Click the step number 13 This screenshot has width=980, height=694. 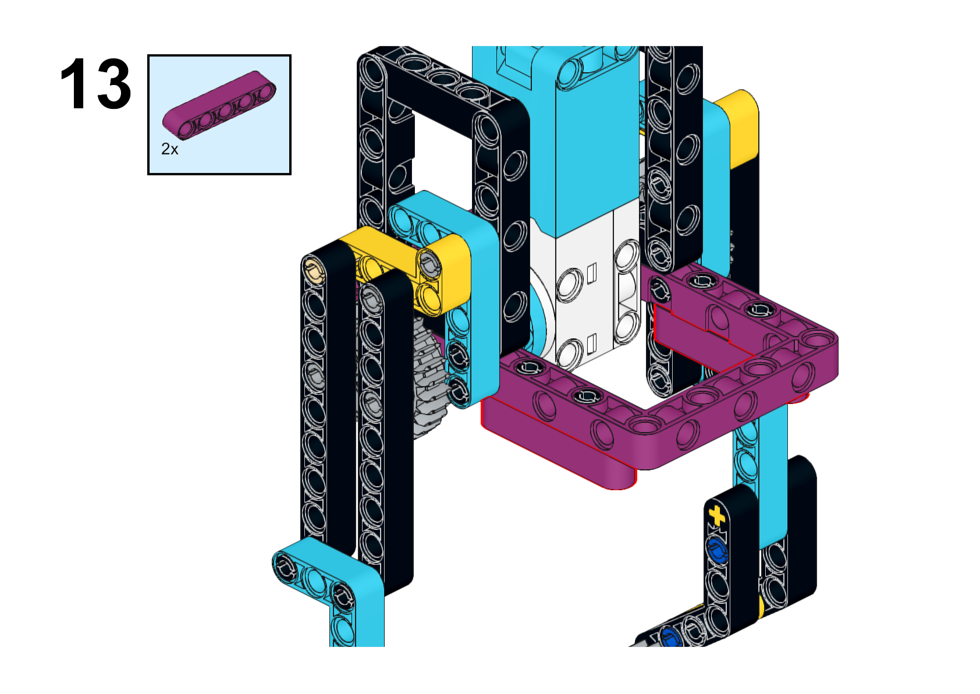tap(95, 83)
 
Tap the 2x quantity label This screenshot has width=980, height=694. tap(170, 149)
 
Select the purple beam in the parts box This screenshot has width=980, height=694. tap(219, 105)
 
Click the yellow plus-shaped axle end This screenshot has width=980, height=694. tap(716, 515)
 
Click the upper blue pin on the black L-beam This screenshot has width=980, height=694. tap(716, 550)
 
